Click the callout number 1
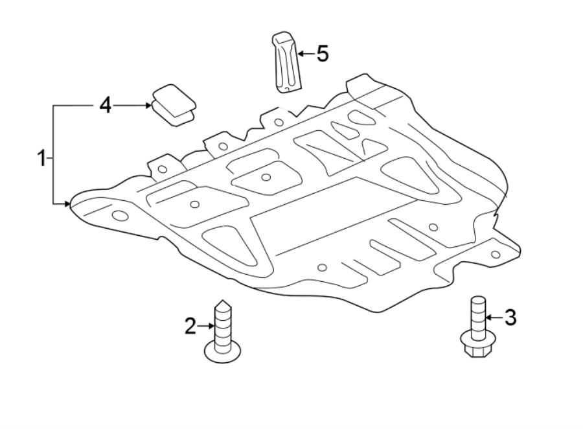pos(41,157)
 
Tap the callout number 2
pos(190,326)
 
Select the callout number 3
pos(510,318)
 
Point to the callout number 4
pos(105,105)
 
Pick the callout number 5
pos(322,53)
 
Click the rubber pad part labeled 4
pos(174,104)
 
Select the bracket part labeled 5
pos(286,62)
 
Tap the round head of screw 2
pos(223,352)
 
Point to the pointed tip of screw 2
pos(222,303)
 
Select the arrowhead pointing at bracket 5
pos(302,53)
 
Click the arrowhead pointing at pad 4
pos(148,105)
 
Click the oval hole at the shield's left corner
pos(120,215)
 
